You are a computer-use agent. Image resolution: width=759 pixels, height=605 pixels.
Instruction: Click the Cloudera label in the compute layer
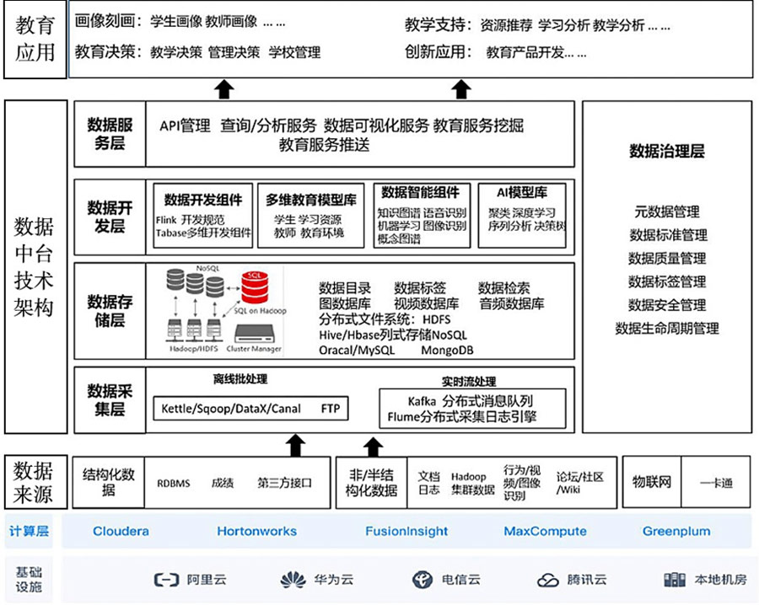coord(121,532)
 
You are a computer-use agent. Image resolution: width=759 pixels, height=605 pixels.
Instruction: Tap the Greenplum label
coord(676,532)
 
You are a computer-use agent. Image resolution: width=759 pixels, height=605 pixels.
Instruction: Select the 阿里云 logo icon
coord(166,580)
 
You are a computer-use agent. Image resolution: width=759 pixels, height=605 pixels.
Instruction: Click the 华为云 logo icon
coord(293,580)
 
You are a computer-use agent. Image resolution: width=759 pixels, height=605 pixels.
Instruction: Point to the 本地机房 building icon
coord(674,580)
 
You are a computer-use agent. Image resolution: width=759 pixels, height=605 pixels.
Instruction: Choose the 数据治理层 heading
coord(666,153)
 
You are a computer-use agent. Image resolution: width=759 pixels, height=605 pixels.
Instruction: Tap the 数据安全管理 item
coord(666,305)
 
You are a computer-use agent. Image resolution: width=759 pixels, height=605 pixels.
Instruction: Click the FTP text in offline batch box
coord(331,409)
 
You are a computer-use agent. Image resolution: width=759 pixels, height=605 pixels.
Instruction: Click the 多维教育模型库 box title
coord(311,200)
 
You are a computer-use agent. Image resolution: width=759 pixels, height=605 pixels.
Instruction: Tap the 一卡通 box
coord(716,483)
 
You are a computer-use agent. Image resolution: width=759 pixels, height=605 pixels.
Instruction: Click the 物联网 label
coord(651,482)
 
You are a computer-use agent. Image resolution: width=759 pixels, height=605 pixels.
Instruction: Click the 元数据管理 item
coord(666,211)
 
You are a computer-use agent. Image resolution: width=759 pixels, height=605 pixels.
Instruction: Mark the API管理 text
coord(185,126)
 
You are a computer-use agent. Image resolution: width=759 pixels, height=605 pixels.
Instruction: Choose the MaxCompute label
coord(545,532)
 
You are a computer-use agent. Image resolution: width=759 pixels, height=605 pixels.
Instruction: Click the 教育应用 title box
coord(35,40)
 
